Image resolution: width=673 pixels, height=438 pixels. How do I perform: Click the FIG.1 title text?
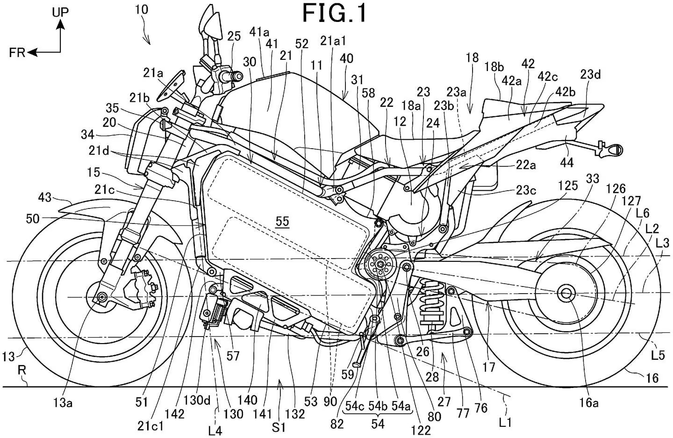point(335,13)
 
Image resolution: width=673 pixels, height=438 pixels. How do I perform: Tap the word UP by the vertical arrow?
point(60,12)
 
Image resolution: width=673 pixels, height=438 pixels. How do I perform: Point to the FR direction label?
point(17,53)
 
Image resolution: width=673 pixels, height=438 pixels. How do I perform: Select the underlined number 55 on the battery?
point(282,222)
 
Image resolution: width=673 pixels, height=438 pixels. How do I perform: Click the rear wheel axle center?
point(566,293)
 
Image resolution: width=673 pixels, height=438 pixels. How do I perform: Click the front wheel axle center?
point(103,297)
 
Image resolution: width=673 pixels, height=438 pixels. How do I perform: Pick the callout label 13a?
point(63,403)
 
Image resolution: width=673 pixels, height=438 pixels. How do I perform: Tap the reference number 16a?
point(589,403)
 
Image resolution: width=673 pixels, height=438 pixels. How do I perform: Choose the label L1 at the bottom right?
point(505,423)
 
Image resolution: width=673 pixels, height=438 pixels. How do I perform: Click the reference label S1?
point(279,428)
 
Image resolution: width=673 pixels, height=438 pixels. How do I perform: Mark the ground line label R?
point(22,370)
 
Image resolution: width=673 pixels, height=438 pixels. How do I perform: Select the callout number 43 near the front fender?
point(44,198)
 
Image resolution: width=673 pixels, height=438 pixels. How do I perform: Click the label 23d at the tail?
point(590,75)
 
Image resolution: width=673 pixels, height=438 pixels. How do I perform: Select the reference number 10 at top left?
point(142,10)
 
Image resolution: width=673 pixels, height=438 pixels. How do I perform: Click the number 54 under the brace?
point(378,424)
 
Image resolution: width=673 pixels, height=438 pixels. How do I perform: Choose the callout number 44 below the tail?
point(566,163)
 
